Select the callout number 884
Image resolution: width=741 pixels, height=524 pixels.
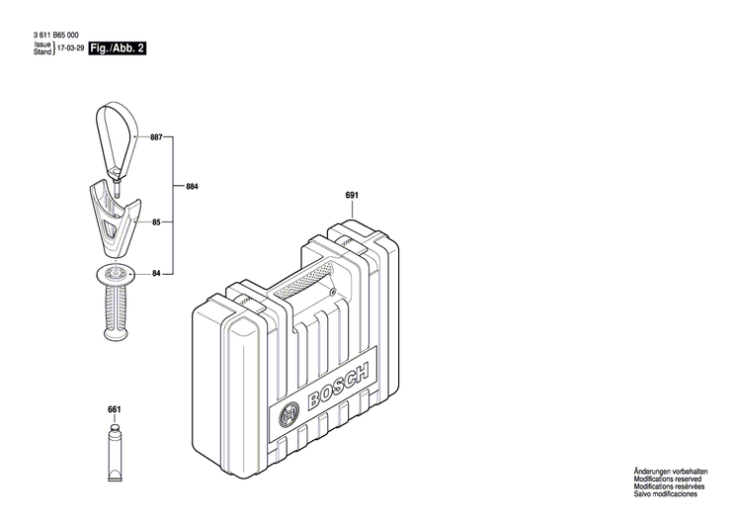click(192, 185)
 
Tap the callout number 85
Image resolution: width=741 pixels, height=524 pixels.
click(156, 223)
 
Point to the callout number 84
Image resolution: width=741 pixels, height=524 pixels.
click(156, 273)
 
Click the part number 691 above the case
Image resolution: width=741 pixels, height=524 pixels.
click(351, 195)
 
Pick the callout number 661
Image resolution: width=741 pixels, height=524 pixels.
click(114, 408)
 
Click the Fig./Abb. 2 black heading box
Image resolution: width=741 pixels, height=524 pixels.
click(117, 48)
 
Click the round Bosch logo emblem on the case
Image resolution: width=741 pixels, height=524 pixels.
click(289, 416)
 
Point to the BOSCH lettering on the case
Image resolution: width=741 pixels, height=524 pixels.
click(338, 387)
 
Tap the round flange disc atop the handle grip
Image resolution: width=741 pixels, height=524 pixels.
click(114, 274)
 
